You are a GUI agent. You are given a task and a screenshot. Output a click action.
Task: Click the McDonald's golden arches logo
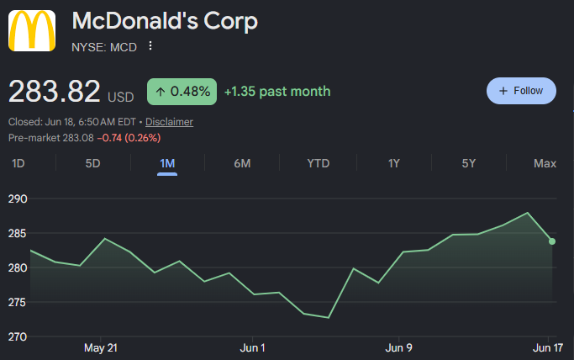(x=32, y=30)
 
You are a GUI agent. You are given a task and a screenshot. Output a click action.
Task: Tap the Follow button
(x=521, y=91)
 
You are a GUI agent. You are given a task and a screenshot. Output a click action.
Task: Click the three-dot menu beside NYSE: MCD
(x=150, y=46)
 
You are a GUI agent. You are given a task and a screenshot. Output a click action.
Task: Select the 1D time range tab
(x=18, y=163)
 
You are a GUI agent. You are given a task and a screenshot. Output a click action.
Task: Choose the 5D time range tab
(x=92, y=163)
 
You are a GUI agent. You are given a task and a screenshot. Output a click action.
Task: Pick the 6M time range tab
(x=242, y=163)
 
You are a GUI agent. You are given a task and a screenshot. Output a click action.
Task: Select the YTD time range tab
(x=319, y=163)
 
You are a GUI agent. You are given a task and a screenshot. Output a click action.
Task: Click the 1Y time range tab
(x=394, y=163)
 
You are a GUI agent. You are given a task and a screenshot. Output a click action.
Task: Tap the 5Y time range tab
(x=469, y=163)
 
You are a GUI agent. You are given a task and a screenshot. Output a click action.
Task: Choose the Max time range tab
(x=545, y=163)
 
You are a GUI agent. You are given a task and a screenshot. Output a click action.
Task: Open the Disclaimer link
(x=169, y=122)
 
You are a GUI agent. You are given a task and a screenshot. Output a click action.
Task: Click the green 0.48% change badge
(x=182, y=92)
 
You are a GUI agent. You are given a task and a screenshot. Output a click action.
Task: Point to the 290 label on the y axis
(x=18, y=199)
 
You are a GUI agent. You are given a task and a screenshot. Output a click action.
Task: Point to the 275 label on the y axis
(x=18, y=302)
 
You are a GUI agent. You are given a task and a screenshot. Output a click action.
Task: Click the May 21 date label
(x=101, y=347)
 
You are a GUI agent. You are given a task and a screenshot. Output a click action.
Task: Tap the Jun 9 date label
(x=398, y=347)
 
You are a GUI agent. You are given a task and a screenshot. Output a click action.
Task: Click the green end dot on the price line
(x=552, y=241)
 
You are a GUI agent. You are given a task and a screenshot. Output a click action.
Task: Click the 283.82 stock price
(x=54, y=91)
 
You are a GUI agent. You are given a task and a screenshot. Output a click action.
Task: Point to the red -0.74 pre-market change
(x=109, y=138)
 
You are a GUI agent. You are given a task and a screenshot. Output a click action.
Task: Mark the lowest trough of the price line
(x=329, y=317)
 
